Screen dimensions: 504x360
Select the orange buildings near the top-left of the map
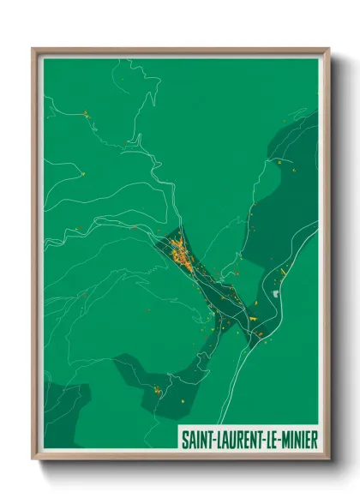(86, 112)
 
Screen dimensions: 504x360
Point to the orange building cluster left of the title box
(157, 391)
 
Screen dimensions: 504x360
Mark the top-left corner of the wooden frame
(33, 49)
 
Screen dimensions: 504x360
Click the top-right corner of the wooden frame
(328, 49)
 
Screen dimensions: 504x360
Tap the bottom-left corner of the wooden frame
(33, 460)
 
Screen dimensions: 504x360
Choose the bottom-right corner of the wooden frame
(328, 460)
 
